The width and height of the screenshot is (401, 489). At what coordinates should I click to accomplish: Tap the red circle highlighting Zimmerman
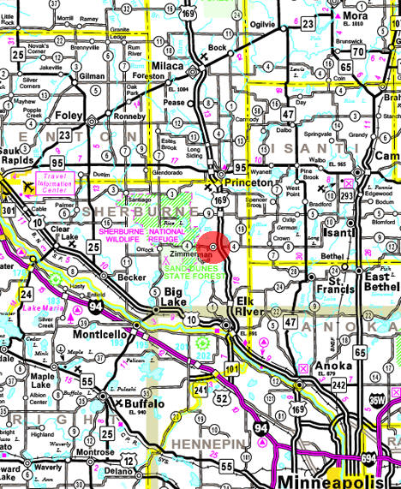click(x=218, y=245)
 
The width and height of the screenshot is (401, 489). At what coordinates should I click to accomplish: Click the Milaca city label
click(x=170, y=66)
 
